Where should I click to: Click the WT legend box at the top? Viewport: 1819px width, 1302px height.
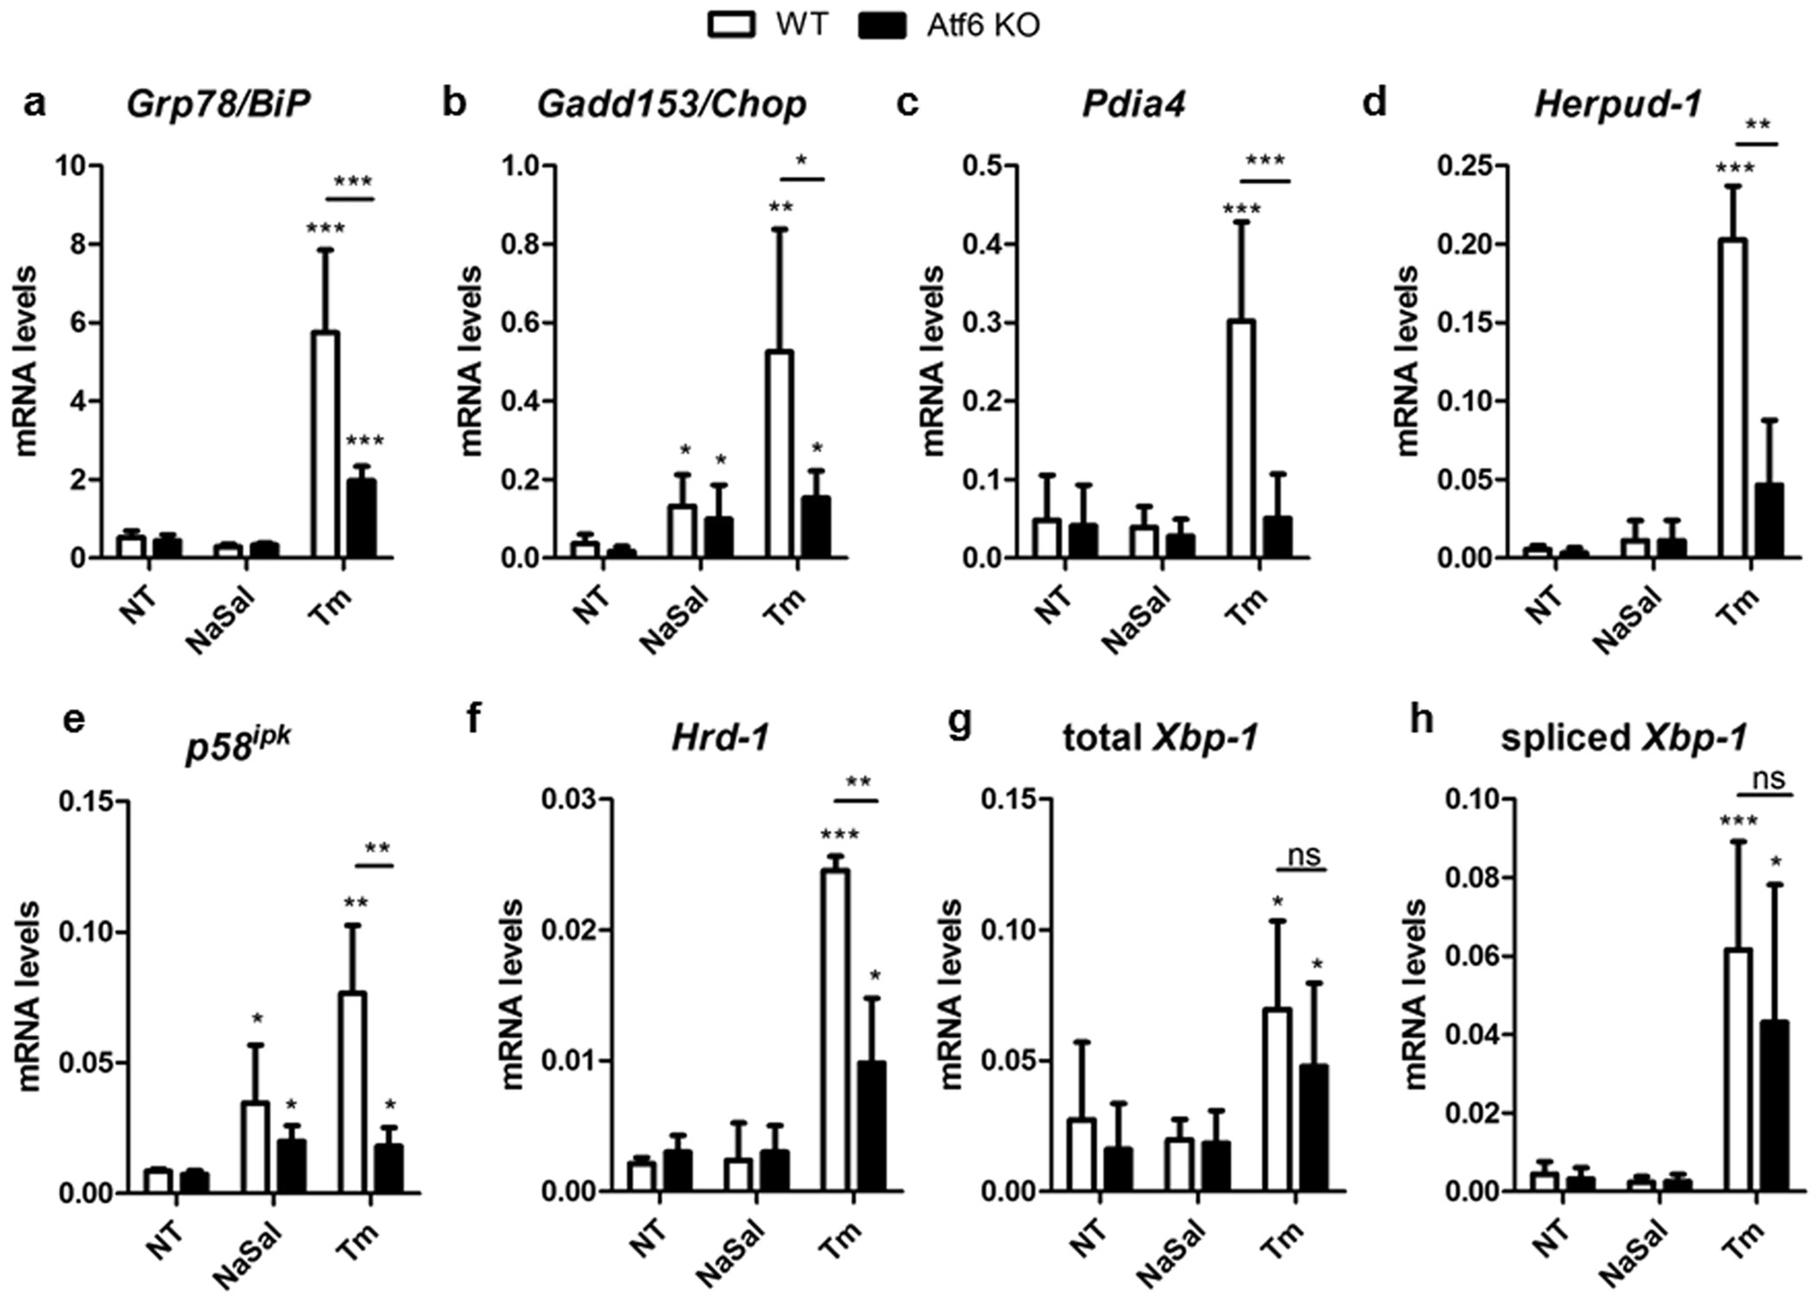pyautogui.click(x=733, y=26)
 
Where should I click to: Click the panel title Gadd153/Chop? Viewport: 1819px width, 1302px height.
pyautogui.click(x=671, y=104)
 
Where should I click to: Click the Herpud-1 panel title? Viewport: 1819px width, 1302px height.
pyautogui.click(x=1617, y=104)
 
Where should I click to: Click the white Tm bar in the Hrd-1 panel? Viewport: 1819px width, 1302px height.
pyautogui.click(x=835, y=1030)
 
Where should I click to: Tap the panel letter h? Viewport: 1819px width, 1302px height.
pyautogui.click(x=1422, y=721)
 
